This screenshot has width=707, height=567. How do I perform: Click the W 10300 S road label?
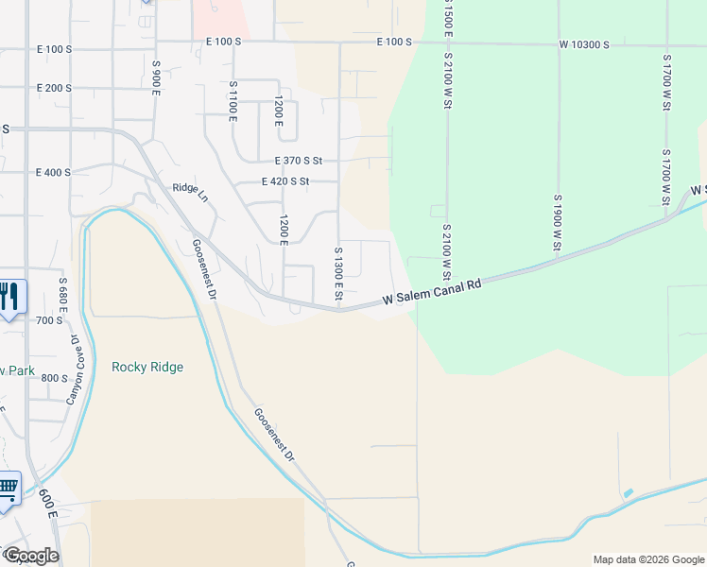584,44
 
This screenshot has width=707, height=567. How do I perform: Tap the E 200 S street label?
54,88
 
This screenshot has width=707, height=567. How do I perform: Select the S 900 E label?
156,77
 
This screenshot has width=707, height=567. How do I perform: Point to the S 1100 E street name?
233,100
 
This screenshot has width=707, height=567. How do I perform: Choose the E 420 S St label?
285,181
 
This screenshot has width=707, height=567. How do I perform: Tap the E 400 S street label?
54,173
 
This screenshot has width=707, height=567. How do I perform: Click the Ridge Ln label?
189,188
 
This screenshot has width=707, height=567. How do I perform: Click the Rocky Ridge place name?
147,367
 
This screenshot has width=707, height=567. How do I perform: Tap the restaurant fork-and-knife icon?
9,297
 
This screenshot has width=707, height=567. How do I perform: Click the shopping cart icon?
8,489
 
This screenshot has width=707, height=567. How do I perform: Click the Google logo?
31,556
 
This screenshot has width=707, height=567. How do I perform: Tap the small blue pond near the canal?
629,493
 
